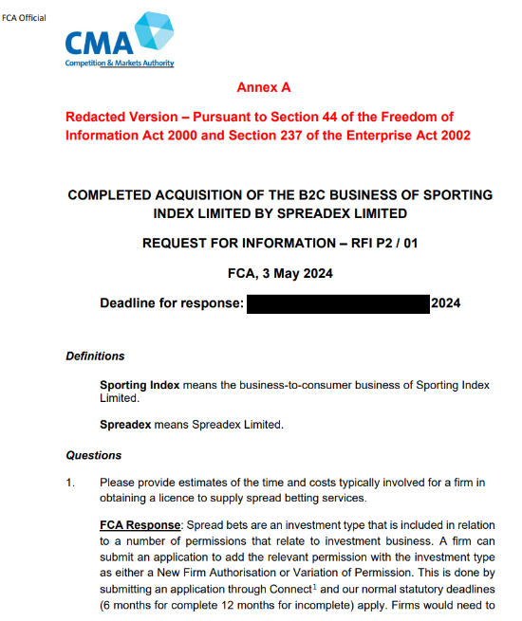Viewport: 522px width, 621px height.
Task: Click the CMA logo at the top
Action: point(120,38)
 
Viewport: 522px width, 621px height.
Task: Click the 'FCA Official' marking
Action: point(24,18)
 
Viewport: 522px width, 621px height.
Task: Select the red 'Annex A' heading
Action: point(264,87)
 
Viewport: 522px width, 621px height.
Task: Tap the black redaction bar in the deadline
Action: point(338,304)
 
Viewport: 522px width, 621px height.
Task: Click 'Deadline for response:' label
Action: point(172,304)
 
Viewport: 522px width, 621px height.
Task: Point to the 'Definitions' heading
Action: point(95,356)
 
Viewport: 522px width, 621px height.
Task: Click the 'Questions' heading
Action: point(93,455)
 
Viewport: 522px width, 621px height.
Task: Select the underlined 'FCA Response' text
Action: point(140,525)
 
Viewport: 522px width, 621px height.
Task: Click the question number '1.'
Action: point(70,483)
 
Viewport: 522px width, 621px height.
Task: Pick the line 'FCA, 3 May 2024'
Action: point(280,273)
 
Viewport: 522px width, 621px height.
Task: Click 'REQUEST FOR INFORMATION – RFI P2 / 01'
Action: point(280,243)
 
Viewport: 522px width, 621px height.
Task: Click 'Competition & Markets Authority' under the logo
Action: point(120,64)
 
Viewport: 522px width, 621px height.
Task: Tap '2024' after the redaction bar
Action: point(446,304)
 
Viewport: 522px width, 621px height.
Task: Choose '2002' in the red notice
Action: point(452,136)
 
